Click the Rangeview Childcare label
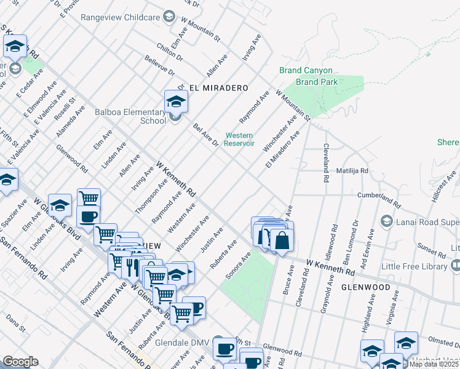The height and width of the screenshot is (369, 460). coord(121,17)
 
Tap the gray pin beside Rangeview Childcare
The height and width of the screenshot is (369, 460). coord(169,17)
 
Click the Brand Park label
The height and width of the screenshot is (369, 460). coord(315,82)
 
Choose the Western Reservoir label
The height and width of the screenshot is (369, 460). coord(240,139)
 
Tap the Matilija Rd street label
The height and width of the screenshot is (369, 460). coord(352,170)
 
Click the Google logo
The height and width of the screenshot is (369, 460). coord(20,362)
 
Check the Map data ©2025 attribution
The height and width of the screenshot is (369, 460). coord(434,364)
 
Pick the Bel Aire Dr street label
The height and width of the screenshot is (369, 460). coord(206,135)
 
